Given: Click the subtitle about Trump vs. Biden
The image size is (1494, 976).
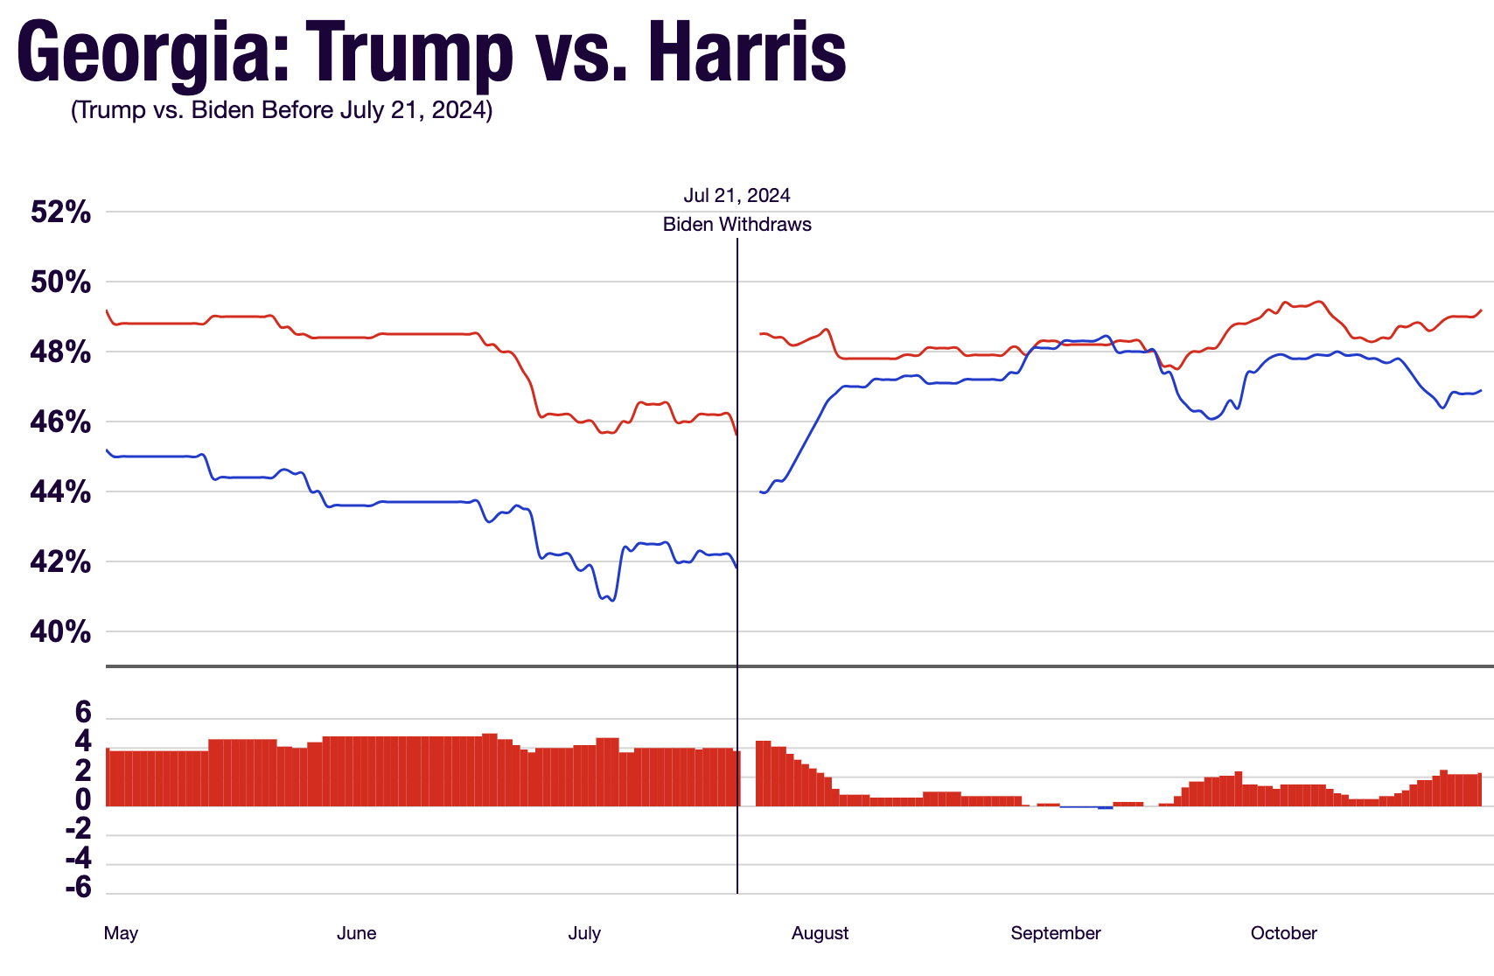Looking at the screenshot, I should tap(282, 110).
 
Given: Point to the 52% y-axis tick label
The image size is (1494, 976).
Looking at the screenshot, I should tap(60, 213).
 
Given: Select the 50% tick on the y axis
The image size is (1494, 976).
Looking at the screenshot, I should tap(60, 282).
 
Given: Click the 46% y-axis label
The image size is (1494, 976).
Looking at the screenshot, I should tap(60, 422).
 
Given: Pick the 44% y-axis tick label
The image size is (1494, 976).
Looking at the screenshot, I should tap(60, 492).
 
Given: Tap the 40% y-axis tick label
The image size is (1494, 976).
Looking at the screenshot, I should tap(60, 632).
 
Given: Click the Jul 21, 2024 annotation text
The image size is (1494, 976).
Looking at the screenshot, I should tap(737, 196).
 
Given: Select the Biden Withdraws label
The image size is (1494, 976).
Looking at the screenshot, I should tap(737, 225).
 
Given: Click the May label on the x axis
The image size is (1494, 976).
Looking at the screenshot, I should tap(121, 933).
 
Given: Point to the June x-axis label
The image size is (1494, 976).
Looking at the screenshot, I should tap(356, 933).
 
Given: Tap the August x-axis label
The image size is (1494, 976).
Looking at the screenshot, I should tap(820, 933).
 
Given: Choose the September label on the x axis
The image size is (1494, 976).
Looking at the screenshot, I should tap(1055, 933).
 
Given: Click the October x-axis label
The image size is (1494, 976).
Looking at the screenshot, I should tap(1283, 933).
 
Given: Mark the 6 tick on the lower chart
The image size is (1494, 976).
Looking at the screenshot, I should tap(83, 714).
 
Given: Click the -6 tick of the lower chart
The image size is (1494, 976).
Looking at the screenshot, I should tap(79, 888).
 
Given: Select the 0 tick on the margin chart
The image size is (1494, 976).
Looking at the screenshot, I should tap(83, 800).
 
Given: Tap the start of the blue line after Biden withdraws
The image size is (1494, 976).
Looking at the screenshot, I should tap(761, 492).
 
